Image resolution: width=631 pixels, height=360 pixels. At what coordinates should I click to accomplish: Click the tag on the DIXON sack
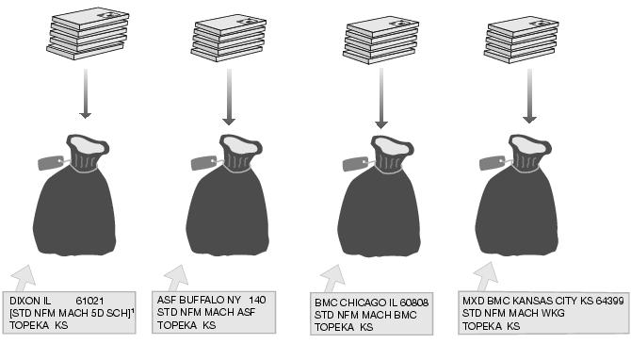click(x=49, y=162)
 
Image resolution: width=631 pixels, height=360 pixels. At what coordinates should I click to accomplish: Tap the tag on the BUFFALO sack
click(x=202, y=162)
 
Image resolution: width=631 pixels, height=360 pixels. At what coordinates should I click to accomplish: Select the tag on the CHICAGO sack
click(x=355, y=163)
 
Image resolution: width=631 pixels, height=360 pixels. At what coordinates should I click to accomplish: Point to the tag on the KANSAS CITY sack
click(x=492, y=162)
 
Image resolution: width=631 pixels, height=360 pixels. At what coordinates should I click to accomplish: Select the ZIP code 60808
click(x=413, y=303)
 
